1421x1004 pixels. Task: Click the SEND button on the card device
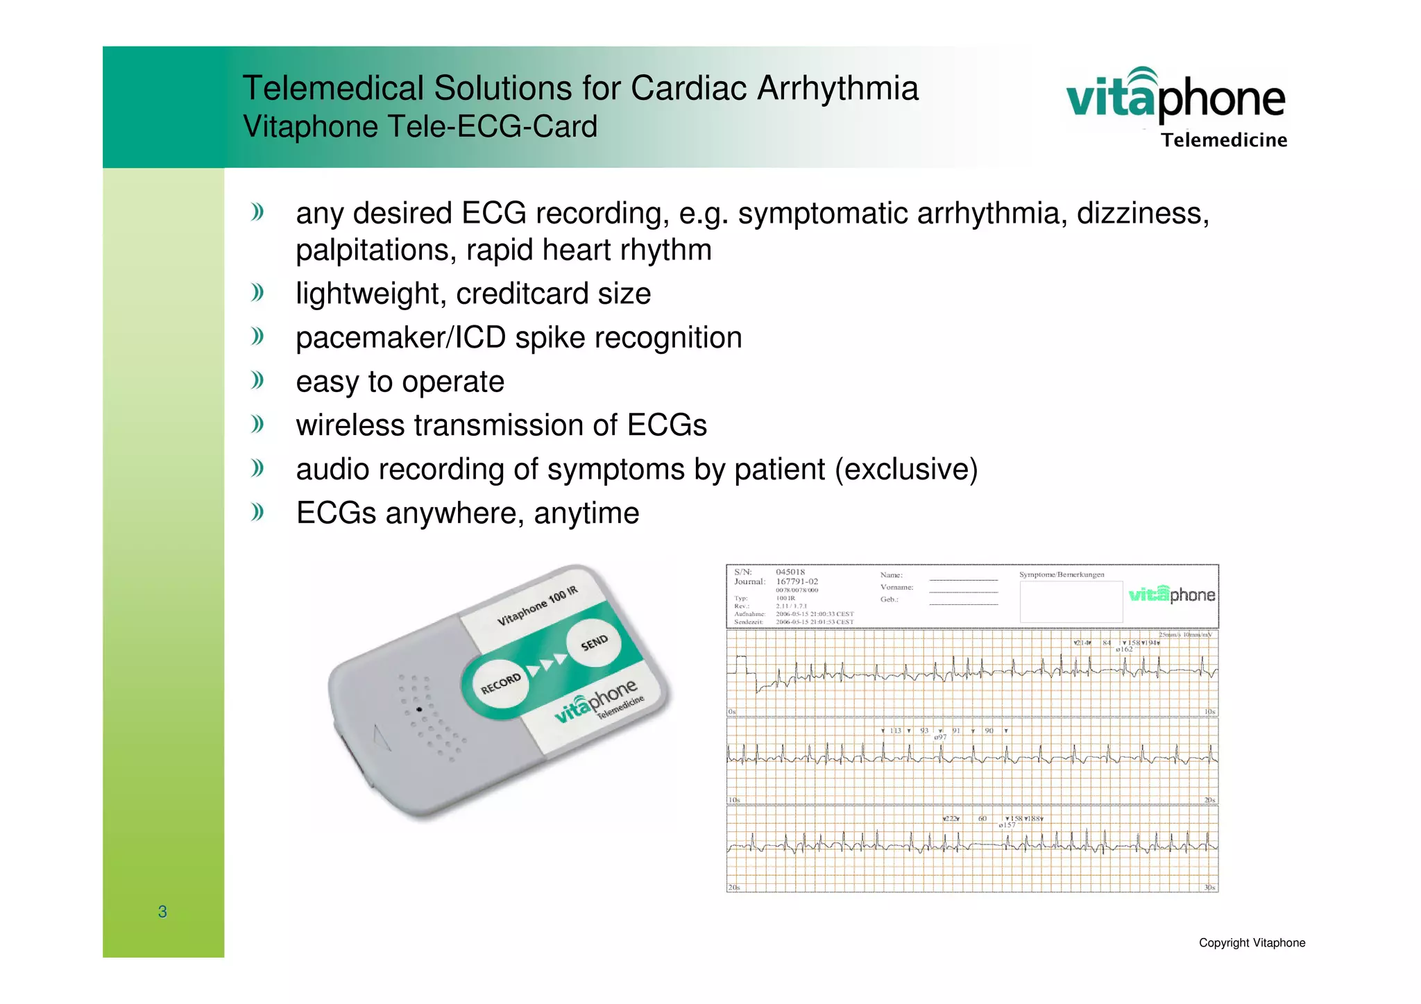pyautogui.click(x=593, y=643)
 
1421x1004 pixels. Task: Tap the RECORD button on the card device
pyautogui.click(x=500, y=683)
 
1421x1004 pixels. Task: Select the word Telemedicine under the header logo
pyautogui.click(x=1224, y=141)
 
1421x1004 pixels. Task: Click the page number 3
pyautogui.click(x=162, y=912)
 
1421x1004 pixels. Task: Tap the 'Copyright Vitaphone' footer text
pyautogui.click(x=1252, y=943)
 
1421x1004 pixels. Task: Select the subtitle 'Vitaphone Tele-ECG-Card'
pyautogui.click(x=420, y=127)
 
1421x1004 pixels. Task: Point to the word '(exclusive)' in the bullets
pyautogui.click(x=906, y=470)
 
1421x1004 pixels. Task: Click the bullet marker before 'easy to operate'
pyautogui.click(x=258, y=380)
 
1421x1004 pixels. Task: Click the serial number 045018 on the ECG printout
pyautogui.click(x=790, y=572)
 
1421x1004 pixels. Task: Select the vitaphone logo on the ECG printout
pyautogui.click(x=1171, y=595)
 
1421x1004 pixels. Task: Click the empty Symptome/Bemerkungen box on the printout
pyautogui.click(x=1071, y=602)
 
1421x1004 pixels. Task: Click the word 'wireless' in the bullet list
pyautogui.click(x=350, y=425)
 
